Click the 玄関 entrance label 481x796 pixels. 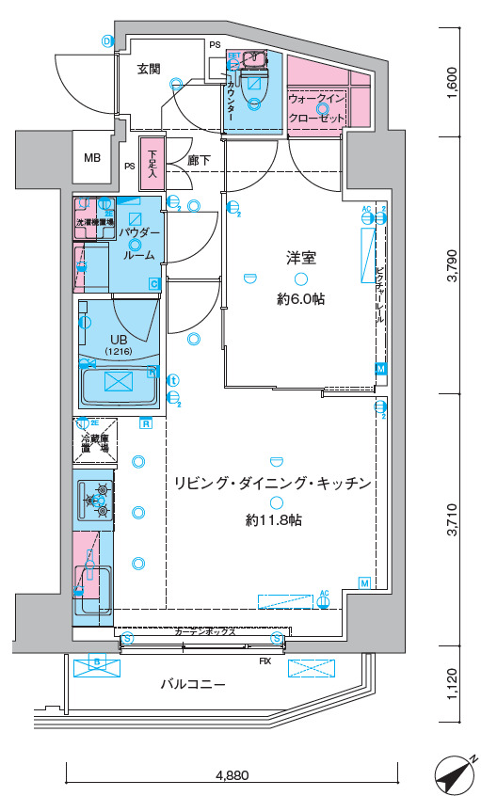(149, 69)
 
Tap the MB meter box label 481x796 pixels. (92, 157)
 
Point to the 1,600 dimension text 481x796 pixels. (452, 84)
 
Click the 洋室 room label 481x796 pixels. (299, 256)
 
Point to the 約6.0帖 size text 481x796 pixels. (299, 299)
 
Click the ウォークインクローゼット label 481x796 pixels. (318, 105)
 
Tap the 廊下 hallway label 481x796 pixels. (198, 161)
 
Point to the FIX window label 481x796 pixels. (265, 661)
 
